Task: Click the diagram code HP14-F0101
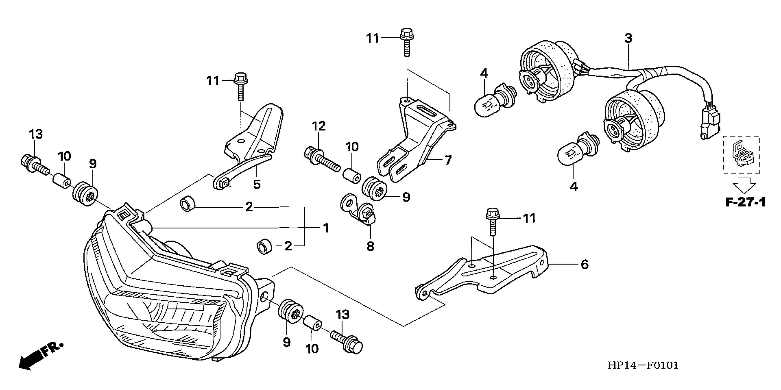pyautogui.click(x=643, y=365)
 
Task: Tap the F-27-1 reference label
pyautogui.click(x=745, y=202)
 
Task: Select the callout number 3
pyautogui.click(x=628, y=39)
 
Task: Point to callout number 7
pyautogui.click(x=448, y=160)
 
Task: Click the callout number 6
pyautogui.click(x=584, y=264)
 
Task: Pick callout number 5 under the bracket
pyautogui.click(x=257, y=184)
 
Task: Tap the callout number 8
pyautogui.click(x=370, y=246)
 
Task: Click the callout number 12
pyautogui.click(x=319, y=126)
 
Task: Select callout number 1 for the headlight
pyautogui.click(x=326, y=228)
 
